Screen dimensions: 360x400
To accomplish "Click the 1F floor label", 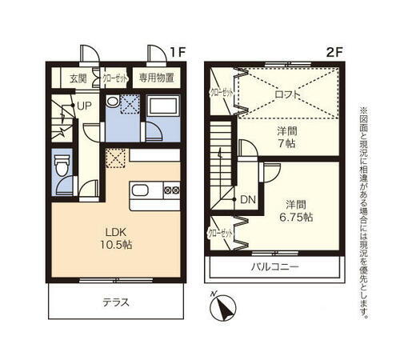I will pyautogui.click(x=178, y=52).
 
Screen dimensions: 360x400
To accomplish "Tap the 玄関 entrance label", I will pyautogui.click(x=78, y=78).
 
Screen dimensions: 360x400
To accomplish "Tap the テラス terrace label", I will pyautogui.click(x=115, y=303).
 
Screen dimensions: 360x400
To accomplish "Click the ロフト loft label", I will pyautogui.click(x=288, y=94).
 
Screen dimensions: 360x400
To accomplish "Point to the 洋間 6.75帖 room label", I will pyautogui.click(x=296, y=210).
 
